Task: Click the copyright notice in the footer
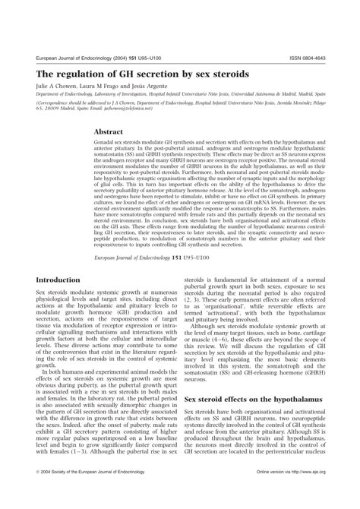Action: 90,492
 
